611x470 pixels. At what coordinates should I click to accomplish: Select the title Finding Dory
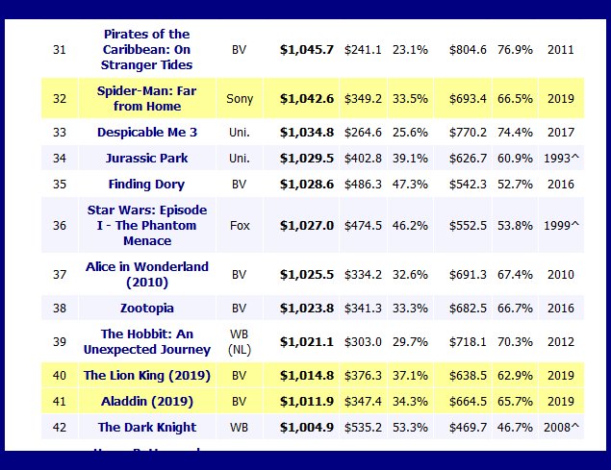146,184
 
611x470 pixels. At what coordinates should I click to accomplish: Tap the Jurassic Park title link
146,158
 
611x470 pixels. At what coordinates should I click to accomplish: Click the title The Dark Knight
146,427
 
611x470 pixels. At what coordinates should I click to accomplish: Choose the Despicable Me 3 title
146,132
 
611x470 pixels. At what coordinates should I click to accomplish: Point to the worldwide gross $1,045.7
306,49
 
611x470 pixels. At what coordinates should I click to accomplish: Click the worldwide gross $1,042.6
306,98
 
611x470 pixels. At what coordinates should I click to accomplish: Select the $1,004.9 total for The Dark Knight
306,427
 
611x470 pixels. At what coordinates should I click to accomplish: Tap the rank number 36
60,225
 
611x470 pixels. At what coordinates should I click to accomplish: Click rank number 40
60,375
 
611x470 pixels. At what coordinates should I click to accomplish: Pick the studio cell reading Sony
240,98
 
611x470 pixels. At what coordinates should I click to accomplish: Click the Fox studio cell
240,225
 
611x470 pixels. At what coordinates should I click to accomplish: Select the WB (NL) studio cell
240,341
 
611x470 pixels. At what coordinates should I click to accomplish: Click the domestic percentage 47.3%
409,184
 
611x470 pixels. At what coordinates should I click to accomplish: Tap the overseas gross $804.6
468,49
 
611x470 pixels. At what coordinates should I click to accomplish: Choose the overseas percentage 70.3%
515,341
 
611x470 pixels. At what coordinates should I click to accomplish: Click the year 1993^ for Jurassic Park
562,158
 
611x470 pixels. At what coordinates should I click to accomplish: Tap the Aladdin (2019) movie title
146,401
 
